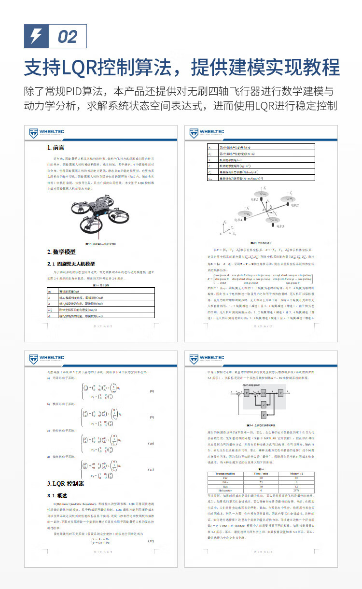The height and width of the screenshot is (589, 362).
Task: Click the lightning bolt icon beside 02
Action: point(36,36)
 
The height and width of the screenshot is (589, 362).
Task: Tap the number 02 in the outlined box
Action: point(67,37)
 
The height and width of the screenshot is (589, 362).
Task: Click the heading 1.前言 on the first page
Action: point(56,148)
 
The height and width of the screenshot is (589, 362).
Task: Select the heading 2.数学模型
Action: point(61,252)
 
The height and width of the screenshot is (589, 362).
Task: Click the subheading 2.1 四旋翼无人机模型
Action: point(71,264)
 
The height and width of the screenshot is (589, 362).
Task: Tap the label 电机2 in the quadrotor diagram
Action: point(292,205)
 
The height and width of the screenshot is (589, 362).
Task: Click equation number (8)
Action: point(151,391)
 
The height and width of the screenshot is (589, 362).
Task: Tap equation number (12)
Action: point(151,528)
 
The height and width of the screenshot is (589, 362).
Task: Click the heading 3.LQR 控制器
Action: point(66,483)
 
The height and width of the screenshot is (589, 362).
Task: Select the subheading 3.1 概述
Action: point(57,496)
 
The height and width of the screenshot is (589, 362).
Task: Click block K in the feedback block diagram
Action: point(263,415)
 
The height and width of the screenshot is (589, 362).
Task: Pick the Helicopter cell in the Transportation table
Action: point(225,491)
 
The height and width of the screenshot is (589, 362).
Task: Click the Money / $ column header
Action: point(295,474)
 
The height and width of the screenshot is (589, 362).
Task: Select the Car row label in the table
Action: point(225,477)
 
